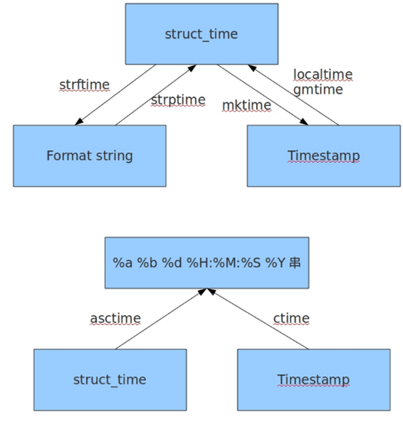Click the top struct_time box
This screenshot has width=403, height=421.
tap(202, 34)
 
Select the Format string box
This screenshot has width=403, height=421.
tap(90, 156)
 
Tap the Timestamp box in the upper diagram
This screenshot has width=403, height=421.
tap(324, 156)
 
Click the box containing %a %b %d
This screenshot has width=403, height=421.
tap(206, 262)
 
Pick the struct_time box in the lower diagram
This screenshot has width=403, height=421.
tap(110, 380)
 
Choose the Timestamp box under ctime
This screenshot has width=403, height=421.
tap(314, 380)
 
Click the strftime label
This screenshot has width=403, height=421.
tap(84, 85)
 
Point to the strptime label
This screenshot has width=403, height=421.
tap(178, 100)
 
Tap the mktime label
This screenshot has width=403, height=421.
tap(247, 105)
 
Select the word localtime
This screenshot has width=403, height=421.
tap(323, 74)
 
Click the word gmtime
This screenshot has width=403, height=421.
tap(318, 90)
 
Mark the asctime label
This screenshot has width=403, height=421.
tap(115, 318)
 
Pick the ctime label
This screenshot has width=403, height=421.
tap(292, 318)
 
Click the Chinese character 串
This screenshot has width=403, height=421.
tap(295, 262)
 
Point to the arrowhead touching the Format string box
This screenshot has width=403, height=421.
tap(78, 122)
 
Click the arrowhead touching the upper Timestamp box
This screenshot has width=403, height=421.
tap(304, 122)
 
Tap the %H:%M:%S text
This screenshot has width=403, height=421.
tap(223, 262)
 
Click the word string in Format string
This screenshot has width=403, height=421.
tap(114, 156)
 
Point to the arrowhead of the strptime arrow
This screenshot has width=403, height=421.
tap(192, 68)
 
